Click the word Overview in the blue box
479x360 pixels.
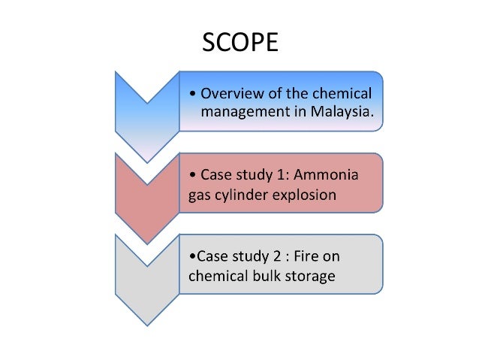point(231,94)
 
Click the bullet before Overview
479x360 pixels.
point(194,95)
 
